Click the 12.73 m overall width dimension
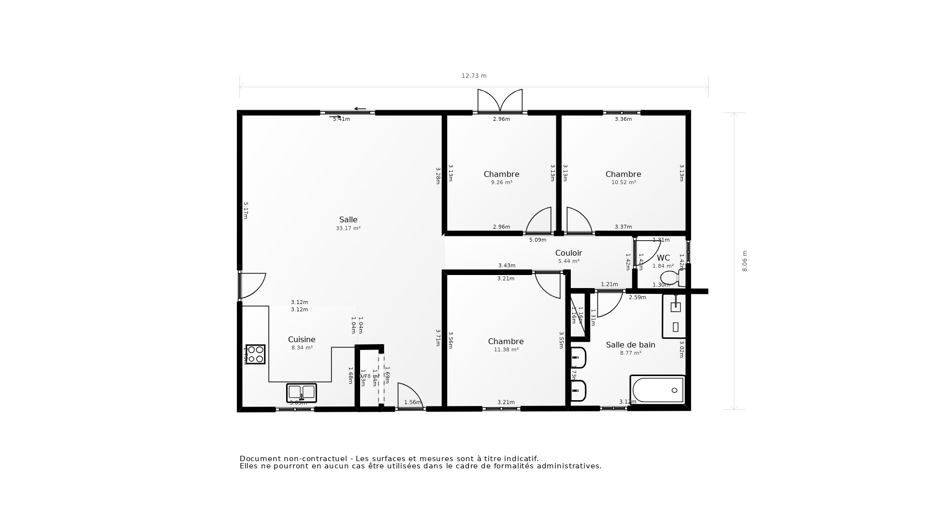474,76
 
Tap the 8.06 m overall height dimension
744,261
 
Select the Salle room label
348,220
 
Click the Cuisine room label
302,340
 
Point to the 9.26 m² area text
501,183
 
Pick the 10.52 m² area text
623,183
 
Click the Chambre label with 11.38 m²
506,342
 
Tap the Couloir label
568,253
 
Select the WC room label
663,258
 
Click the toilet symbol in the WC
672,278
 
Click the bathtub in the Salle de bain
657,390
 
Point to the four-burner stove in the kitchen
255,354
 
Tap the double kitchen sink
301,392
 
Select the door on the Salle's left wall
251,285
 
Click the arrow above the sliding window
360,109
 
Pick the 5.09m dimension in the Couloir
537,240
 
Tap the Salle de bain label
630,345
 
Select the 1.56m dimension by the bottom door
412,402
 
